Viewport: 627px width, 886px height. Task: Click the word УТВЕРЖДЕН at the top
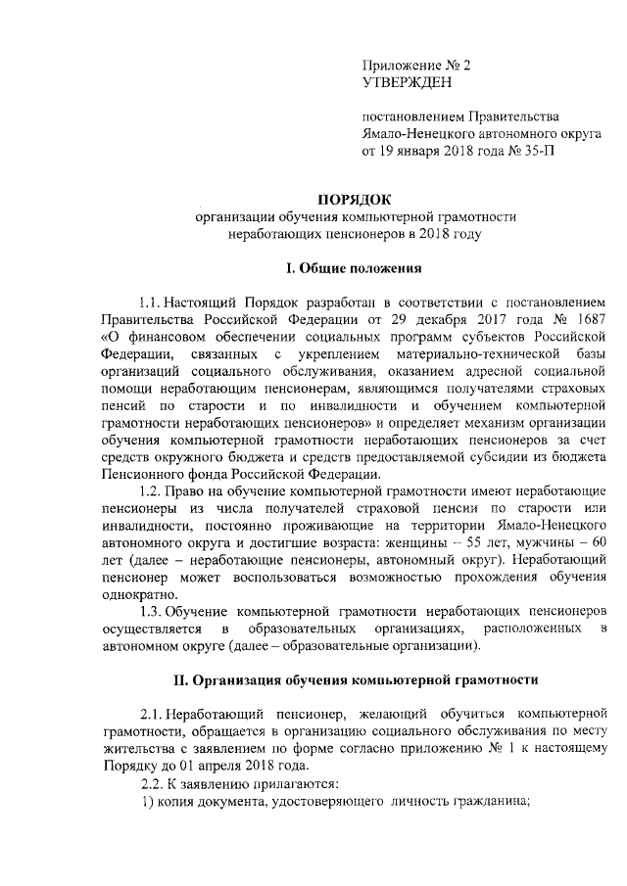click(x=405, y=83)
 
